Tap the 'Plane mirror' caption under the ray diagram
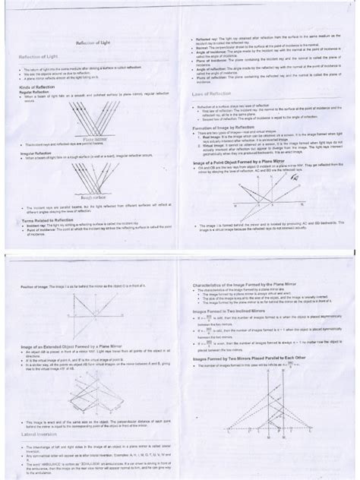point(96,139)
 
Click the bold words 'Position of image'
point(32,287)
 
